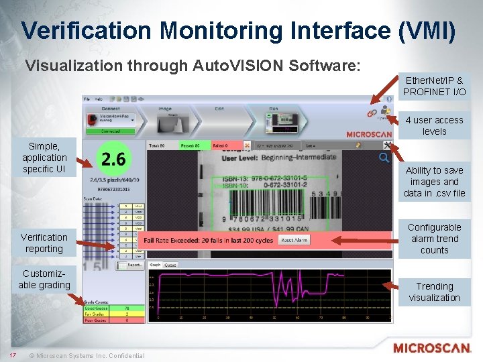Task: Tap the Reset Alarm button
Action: click(294, 239)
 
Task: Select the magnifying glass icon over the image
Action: click(384, 158)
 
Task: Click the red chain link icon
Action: click(371, 114)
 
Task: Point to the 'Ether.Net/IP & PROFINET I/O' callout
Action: click(434, 86)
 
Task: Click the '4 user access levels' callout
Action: click(434, 125)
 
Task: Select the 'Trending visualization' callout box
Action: click(434, 292)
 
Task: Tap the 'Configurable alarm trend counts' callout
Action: click(434, 239)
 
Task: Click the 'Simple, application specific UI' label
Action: click(44, 158)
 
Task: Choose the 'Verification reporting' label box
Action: click(44, 243)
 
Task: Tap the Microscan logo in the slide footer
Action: click(432, 348)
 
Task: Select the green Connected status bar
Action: click(110, 131)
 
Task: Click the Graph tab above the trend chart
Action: click(155, 265)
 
